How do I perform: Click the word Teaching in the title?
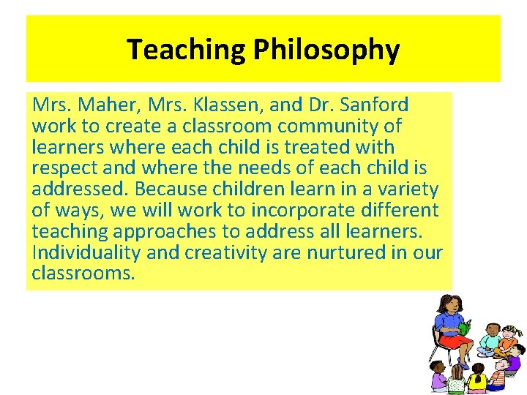pyautogui.click(x=187, y=50)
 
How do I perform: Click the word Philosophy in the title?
pyautogui.click(x=326, y=50)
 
